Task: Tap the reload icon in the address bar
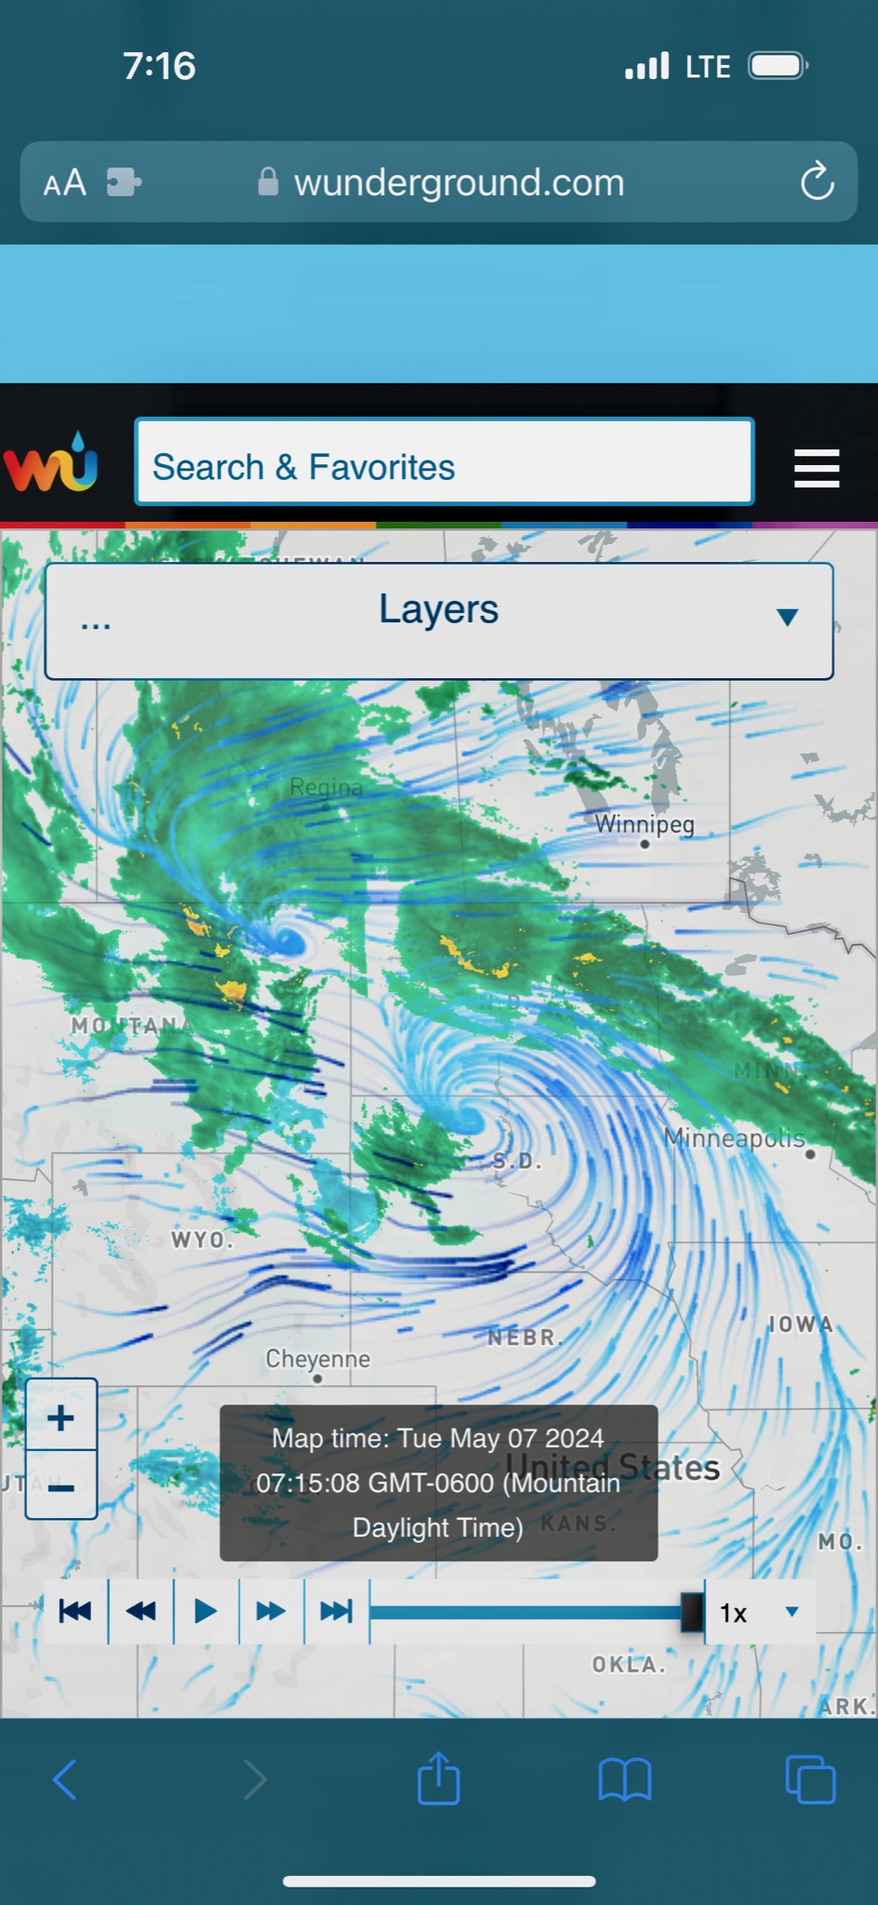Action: (817, 181)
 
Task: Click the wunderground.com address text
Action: (459, 182)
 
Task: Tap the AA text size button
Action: (65, 182)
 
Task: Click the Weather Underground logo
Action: (51, 462)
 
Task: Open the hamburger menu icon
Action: (817, 468)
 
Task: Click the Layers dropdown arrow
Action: (787, 617)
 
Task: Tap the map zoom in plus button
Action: (61, 1417)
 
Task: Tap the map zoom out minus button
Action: (61, 1485)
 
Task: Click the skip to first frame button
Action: (75, 1611)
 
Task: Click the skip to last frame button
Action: (336, 1611)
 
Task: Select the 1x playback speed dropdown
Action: (759, 1612)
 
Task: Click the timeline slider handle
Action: (692, 1612)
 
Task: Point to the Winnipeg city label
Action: (645, 824)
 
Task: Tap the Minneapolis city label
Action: (734, 1137)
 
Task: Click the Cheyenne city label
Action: (318, 1359)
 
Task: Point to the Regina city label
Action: (326, 787)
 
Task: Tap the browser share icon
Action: (439, 1779)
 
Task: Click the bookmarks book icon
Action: (625, 1779)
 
